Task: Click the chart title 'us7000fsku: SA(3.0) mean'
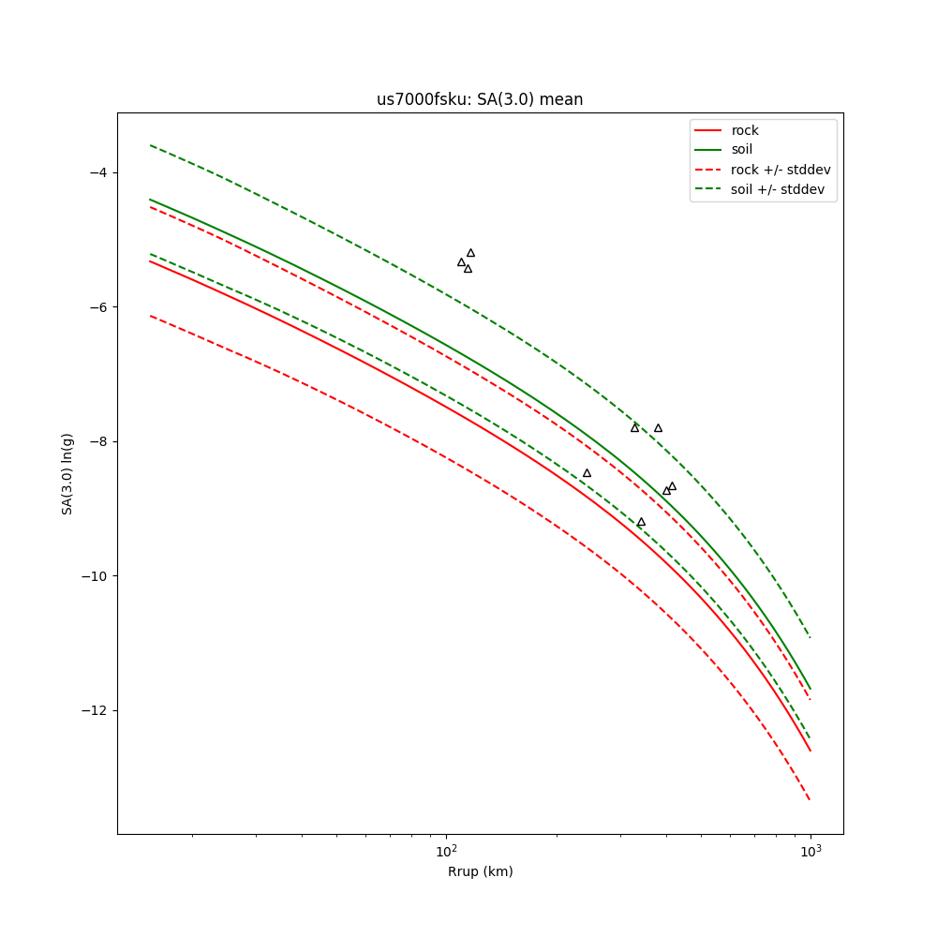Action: click(480, 99)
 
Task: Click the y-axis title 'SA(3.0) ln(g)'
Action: click(67, 473)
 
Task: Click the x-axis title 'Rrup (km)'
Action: click(480, 871)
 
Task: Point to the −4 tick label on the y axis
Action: click(97, 172)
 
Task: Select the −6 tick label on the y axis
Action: click(97, 307)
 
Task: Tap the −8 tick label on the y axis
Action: click(97, 441)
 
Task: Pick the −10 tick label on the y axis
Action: click(94, 576)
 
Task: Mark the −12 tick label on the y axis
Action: click(94, 710)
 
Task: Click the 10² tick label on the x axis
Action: click(447, 850)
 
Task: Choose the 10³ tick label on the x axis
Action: click(811, 850)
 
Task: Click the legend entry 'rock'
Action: click(745, 130)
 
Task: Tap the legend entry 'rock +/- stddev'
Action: click(781, 170)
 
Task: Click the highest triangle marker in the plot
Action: click(470, 253)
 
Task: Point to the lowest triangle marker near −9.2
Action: click(641, 522)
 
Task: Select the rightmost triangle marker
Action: click(672, 486)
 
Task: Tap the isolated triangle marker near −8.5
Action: click(587, 473)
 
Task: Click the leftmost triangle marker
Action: click(461, 262)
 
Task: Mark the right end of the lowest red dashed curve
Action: click(810, 799)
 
